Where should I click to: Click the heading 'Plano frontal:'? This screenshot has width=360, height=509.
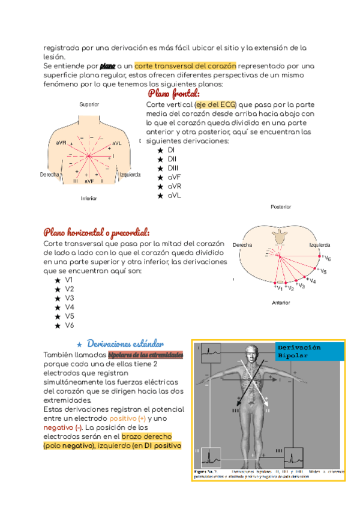173,94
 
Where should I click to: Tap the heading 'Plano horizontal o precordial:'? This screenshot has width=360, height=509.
96,232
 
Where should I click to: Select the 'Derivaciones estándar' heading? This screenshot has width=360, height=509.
125,343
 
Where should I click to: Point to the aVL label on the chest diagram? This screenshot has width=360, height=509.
116,143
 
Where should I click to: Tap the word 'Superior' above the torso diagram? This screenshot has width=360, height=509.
89,104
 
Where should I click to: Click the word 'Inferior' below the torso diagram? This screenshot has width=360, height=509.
89,197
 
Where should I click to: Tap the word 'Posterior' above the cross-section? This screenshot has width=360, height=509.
280,206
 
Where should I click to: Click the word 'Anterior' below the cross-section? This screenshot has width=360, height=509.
280,303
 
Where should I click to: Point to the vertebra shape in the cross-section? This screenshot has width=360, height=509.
280,239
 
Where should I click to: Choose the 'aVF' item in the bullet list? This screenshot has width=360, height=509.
175,178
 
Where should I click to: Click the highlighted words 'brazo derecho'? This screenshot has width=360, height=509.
146,436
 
